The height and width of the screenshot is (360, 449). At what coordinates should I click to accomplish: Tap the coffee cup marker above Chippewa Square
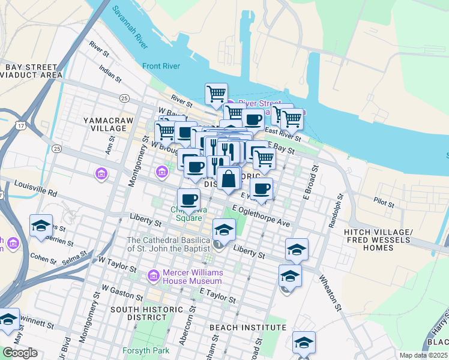[189, 199]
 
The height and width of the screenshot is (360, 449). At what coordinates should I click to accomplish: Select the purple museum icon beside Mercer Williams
[154, 276]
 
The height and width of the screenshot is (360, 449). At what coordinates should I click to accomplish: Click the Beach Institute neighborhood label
[248, 328]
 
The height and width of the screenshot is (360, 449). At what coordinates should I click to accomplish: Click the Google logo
[20, 353]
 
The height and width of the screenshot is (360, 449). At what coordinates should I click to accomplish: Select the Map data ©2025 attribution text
[423, 355]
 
